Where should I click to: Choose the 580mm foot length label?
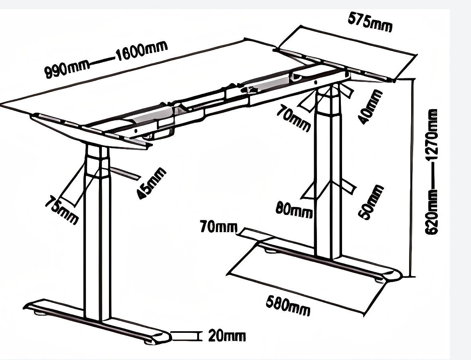point(288,305)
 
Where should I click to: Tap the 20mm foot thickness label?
point(227,336)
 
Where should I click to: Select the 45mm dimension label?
point(150,183)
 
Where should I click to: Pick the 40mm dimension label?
point(369,107)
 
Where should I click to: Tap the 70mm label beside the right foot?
point(218,227)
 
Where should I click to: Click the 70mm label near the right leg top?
point(294,119)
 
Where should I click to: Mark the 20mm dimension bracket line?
point(184,336)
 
